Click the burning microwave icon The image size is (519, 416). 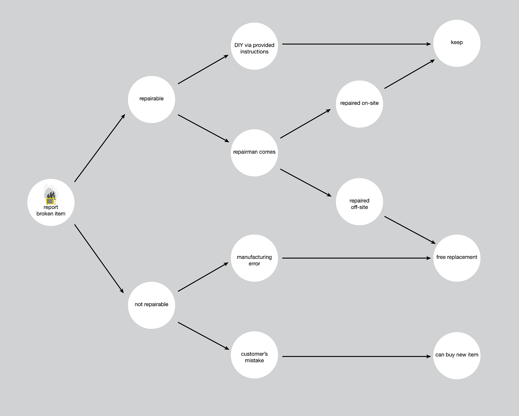pyautogui.click(x=50, y=196)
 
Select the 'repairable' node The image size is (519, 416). pyautogui.click(x=151, y=99)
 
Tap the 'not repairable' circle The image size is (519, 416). pyautogui.click(x=151, y=305)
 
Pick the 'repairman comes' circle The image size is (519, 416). pyautogui.click(x=254, y=153)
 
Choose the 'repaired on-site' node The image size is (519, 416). pyautogui.click(x=359, y=104)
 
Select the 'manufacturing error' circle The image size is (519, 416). pyautogui.click(x=254, y=258)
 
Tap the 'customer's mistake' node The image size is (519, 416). pyautogui.click(x=254, y=355)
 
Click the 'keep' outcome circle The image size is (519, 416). pyautogui.click(x=457, y=43)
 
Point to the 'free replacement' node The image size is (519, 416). pyautogui.click(x=457, y=258)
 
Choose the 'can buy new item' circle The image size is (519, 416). pyautogui.click(x=457, y=355)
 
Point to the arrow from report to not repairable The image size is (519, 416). pyautogui.click(x=99, y=258)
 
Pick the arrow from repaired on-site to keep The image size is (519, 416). pyautogui.click(x=409, y=74)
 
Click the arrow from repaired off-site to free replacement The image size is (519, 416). pyautogui.click(x=410, y=230)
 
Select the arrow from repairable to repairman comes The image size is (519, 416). pyautogui.click(x=203, y=128)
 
